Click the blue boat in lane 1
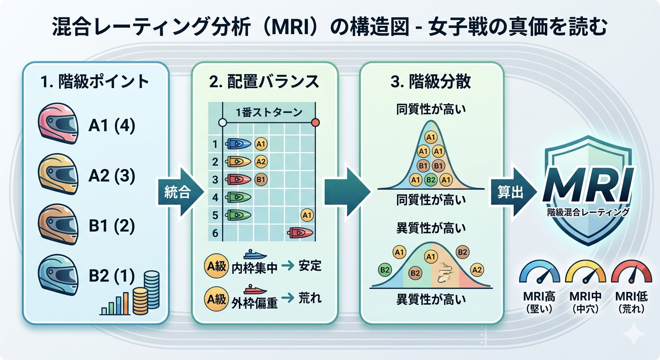click(x=238, y=144)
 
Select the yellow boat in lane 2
click(x=238, y=162)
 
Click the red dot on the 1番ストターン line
click(x=315, y=123)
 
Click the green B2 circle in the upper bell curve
click(x=430, y=179)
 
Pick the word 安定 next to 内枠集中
click(x=310, y=266)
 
